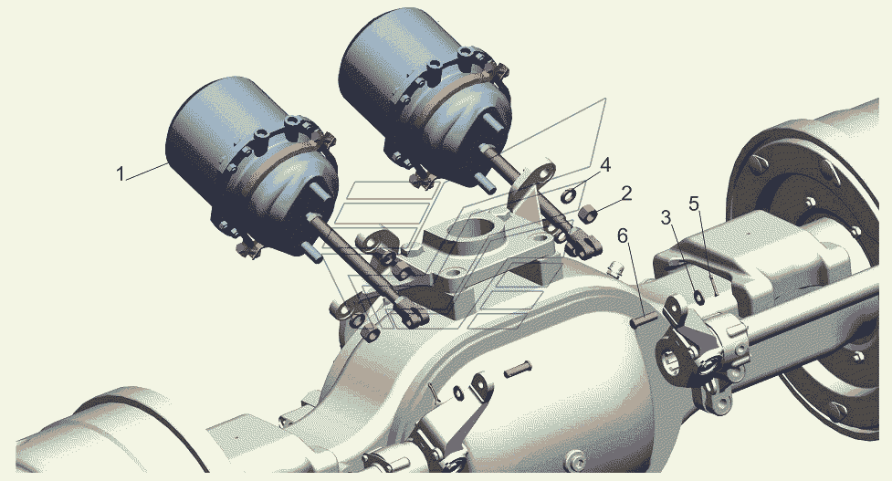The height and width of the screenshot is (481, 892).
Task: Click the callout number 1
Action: tap(120, 174)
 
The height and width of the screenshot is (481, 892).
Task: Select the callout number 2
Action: tap(626, 193)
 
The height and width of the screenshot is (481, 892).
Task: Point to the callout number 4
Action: tap(605, 165)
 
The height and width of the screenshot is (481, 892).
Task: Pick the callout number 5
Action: tap(694, 203)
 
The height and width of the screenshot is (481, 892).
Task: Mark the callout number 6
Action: tap(624, 235)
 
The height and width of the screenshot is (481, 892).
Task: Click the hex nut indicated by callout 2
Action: tap(588, 214)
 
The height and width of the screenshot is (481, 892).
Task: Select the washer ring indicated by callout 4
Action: tap(569, 196)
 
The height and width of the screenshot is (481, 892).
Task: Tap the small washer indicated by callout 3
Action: tap(698, 297)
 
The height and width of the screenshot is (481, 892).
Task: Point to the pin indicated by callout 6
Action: tap(642, 321)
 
